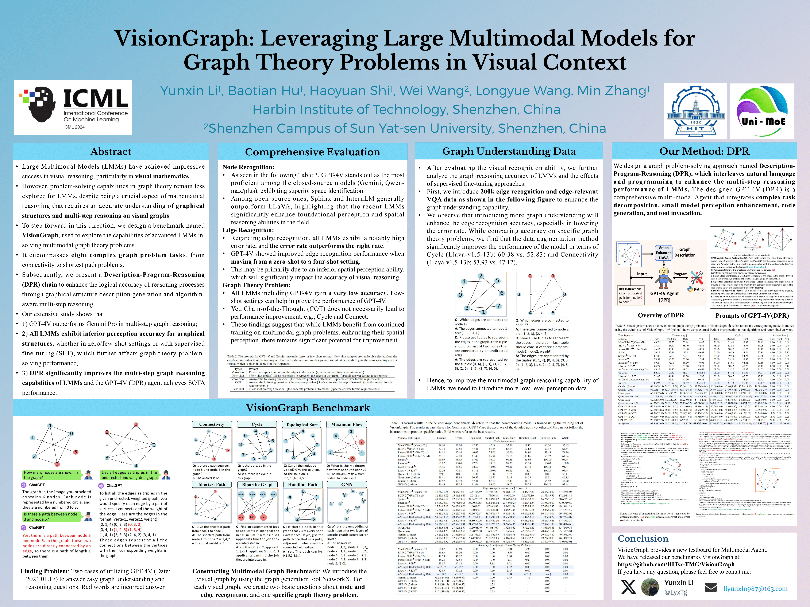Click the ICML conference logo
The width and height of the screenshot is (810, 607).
(73, 107)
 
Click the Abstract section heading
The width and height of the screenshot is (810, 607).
(111, 152)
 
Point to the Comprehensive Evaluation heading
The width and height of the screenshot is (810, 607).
(312, 152)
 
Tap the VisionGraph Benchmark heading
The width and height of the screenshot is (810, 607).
(308, 408)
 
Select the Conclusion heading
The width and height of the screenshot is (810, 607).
(643, 539)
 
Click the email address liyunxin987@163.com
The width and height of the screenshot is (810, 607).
(755, 589)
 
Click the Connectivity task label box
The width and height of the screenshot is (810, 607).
(212, 424)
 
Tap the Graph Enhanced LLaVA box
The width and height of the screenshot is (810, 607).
(664, 252)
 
